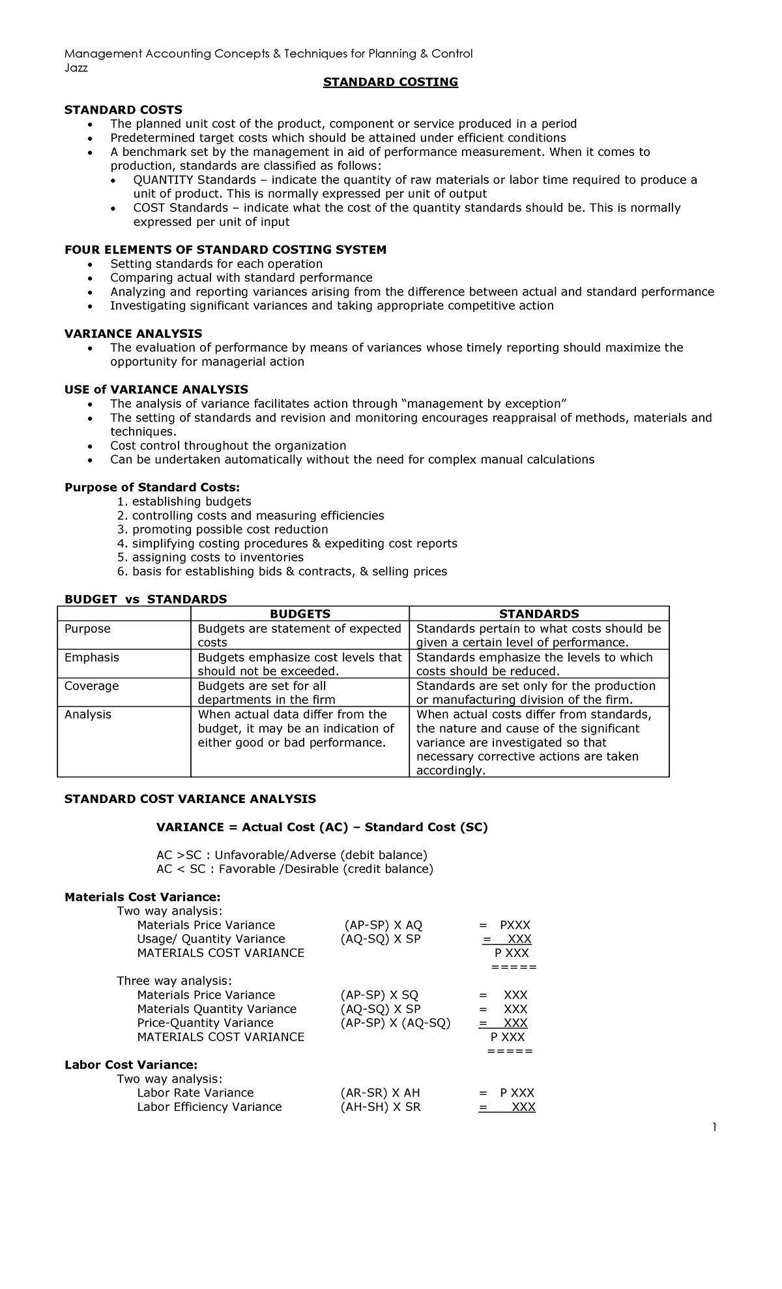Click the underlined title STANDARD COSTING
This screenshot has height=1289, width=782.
[x=391, y=82]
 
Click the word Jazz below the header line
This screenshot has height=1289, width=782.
[x=76, y=68]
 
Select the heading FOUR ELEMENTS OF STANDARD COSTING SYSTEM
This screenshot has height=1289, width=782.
[x=225, y=250]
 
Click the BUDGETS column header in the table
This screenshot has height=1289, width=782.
[x=300, y=614]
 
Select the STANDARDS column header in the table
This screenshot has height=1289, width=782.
[x=539, y=614]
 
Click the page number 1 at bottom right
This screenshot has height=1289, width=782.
[x=715, y=1127]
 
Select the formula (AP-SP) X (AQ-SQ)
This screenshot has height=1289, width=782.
[x=396, y=1023]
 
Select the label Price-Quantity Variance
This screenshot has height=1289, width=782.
[x=205, y=1023]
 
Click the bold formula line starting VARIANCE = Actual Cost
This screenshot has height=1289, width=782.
[x=322, y=827]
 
